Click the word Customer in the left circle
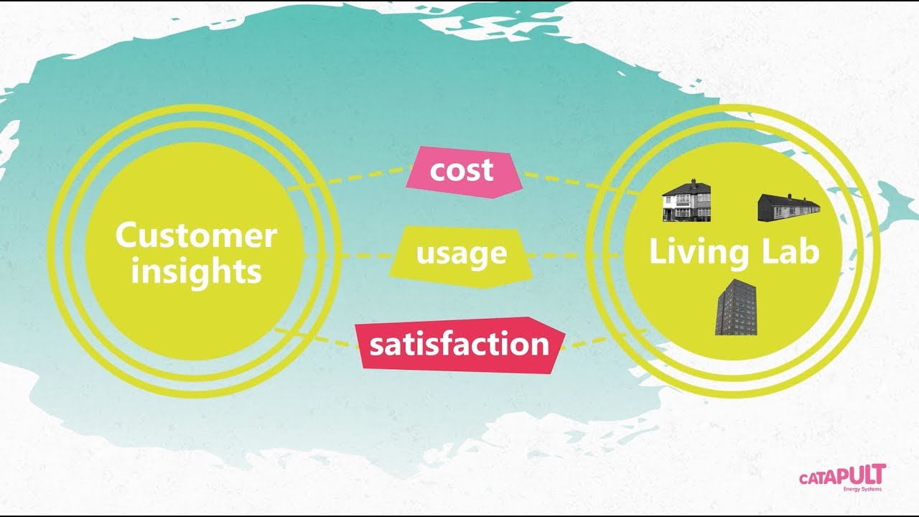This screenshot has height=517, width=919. pos(196,236)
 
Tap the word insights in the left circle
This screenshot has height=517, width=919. pos(196,272)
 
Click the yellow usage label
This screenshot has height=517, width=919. pos(461,253)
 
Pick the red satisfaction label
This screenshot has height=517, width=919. pos(459,345)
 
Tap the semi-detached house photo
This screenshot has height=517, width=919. pos(686,200)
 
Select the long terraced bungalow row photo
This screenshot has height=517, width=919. pos(788,207)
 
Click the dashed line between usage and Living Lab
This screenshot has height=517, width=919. pos(574,256)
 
